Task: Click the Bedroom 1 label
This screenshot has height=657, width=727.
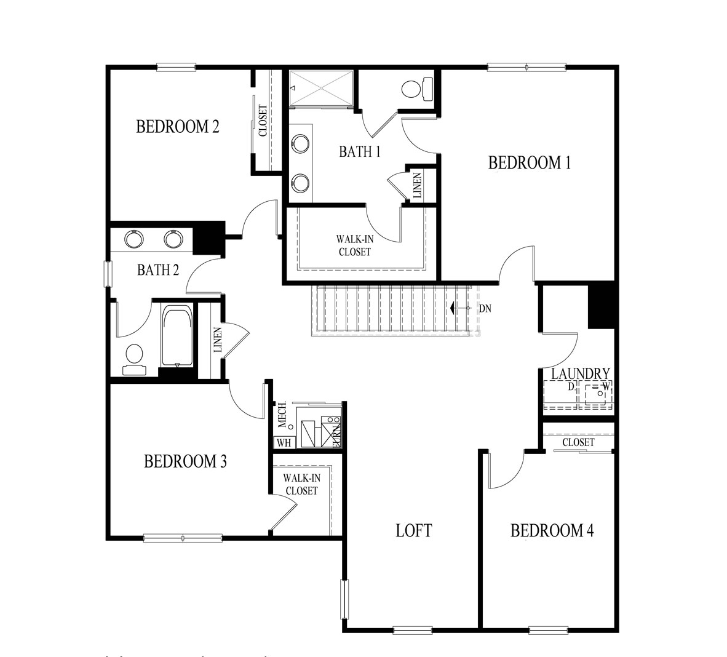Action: (530, 163)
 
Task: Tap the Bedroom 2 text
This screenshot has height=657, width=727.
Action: (178, 127)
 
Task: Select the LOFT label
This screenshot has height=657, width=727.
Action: (413, 530)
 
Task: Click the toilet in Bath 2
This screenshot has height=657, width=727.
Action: (134, 357)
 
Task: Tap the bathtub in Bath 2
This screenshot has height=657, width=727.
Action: (177, 335)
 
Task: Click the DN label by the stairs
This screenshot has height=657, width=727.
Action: (485, 309)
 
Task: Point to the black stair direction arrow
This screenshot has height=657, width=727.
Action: (452, 308)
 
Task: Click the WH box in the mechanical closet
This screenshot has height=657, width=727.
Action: (284, 442)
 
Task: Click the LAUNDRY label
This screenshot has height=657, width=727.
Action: (580, 374)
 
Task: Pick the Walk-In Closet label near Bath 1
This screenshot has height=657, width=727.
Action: (354, 245)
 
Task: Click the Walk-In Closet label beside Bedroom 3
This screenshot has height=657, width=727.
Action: (301, 484)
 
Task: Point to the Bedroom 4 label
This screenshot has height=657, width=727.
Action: (552, 530)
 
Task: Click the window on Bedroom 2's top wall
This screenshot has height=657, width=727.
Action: (176, 68)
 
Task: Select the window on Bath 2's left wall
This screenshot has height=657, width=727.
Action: (108, 274)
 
